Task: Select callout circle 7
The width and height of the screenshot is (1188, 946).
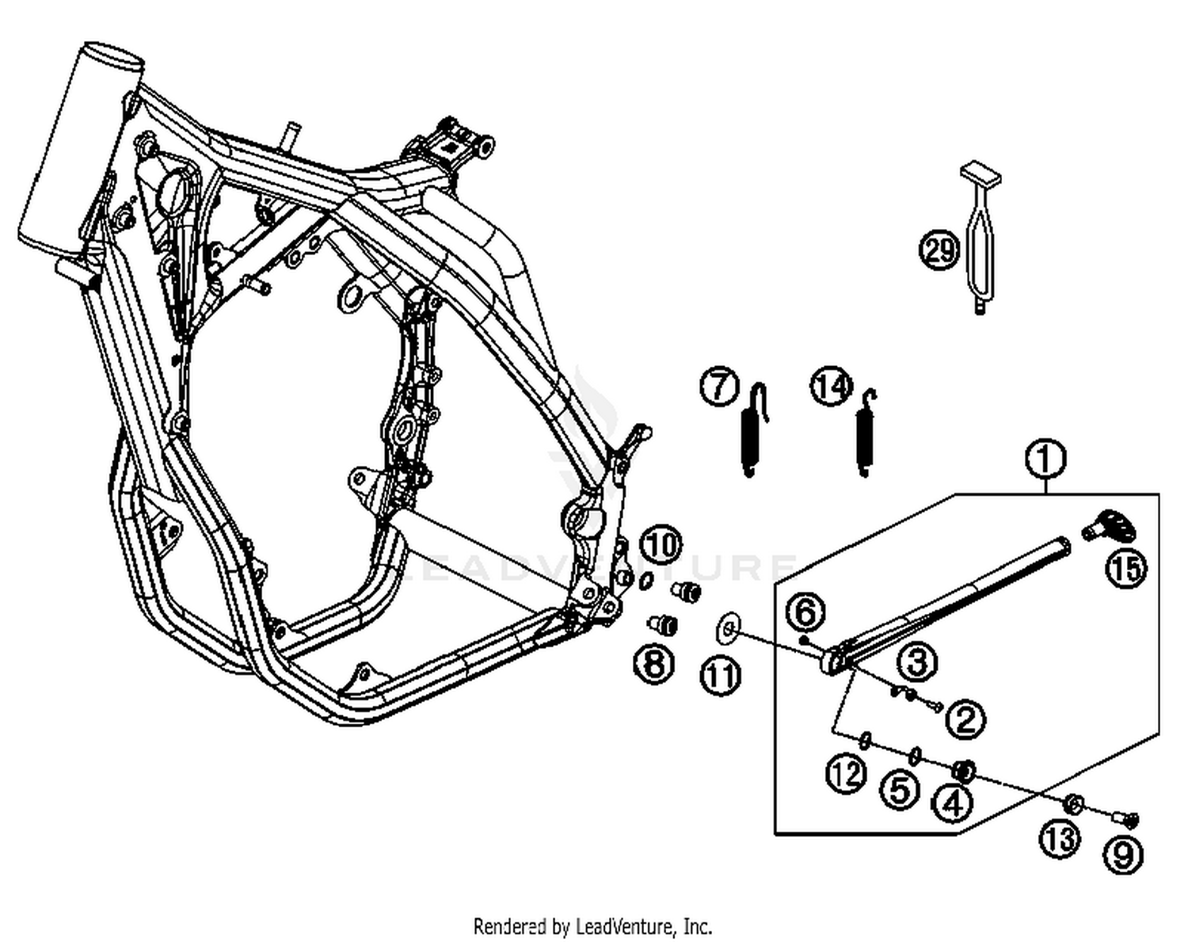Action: point(719,387)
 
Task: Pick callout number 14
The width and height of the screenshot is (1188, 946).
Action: point(831,387)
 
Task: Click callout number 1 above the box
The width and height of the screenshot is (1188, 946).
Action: point(1045,458)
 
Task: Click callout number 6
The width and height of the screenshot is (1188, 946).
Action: point(805,612)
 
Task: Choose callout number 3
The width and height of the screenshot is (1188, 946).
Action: point(917,662)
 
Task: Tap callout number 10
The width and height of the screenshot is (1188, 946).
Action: point(662,545)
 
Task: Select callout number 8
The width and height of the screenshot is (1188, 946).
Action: point(654,663)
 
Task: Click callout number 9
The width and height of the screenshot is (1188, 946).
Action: point(1123,854)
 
